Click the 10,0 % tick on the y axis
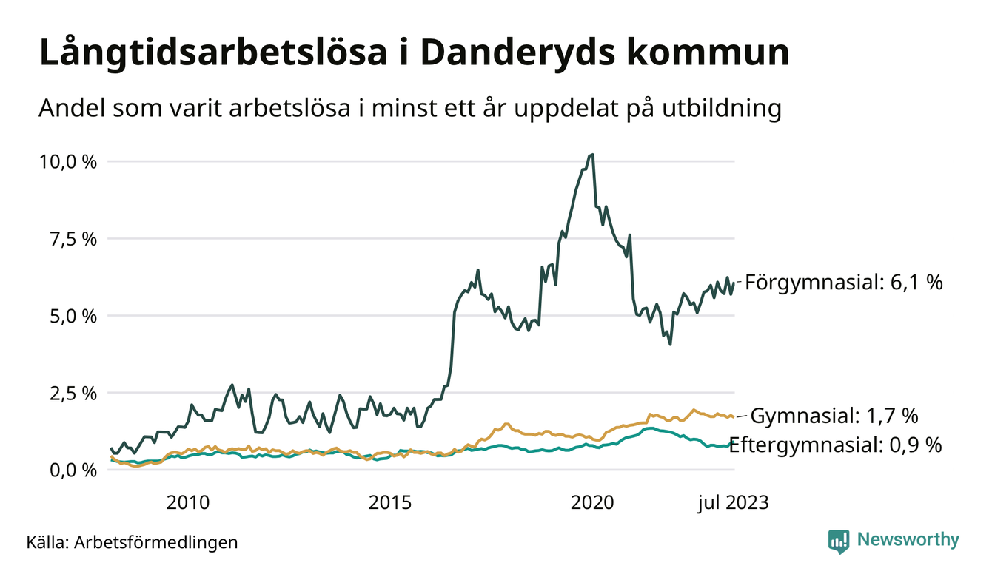click(x=68, y=161)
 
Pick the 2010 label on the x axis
click(x=188, y=503)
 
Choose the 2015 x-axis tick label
click(x=389, y=503)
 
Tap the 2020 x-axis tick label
click(x=592, y=503)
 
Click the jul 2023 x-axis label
click(x=732, y=503)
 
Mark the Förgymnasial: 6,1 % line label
click(x=843, y=282)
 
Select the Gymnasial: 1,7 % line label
click(x=834, y=416)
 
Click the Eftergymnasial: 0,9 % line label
click(x=836, y=445)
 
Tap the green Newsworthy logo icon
click(x=839, y=541)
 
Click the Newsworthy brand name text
click(x=908, y=539)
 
